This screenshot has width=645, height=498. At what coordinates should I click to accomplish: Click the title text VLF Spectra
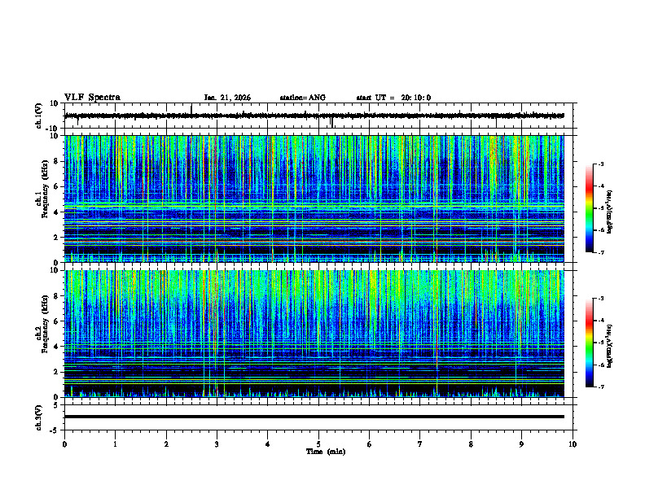click(x=92, y=98)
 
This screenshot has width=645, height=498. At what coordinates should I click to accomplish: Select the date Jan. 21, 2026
click(x=227, y=98)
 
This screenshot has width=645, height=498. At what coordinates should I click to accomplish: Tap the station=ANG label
click(x=302, y=98)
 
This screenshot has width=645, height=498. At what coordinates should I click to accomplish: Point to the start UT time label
click(x=393, y=98)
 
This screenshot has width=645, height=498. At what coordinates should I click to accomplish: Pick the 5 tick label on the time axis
click(x=318, y=443)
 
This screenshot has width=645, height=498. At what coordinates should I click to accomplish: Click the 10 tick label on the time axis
click(x=573, y=443)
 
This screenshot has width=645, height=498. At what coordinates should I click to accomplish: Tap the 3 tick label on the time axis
click(x=217, y=443)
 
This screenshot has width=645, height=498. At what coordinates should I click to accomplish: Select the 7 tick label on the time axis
click(x=420, y=443)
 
